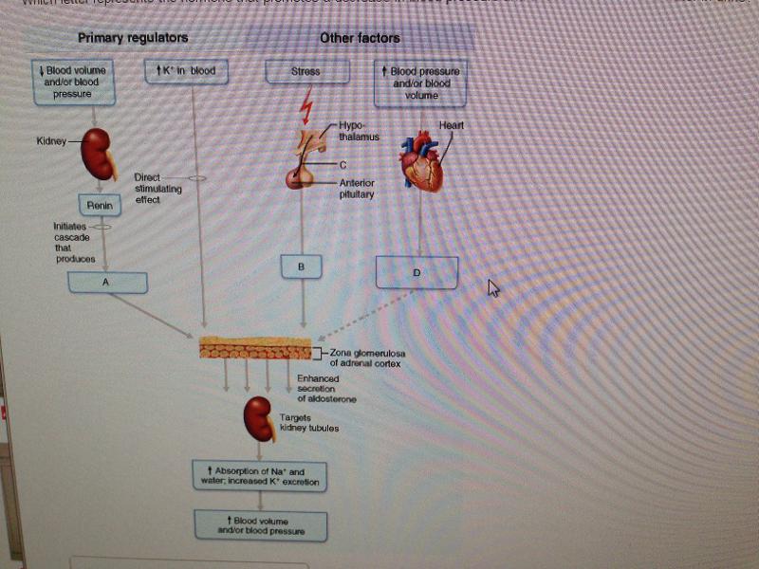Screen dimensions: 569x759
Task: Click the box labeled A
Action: tap(107, 282)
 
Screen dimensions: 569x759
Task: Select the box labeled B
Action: tap(302, 267)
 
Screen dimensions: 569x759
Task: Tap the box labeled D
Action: tap(417, 272)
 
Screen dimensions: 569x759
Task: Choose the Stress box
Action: tap(305, 71)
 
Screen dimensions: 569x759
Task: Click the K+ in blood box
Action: tap(186, 71)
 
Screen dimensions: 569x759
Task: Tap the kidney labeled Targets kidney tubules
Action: tap(259, 419)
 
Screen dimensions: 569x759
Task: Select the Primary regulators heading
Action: tap(133, 38)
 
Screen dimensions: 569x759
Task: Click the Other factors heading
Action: tap(360, 38)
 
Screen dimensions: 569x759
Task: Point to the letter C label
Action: tap(342, 165)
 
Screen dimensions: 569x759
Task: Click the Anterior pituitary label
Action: tap(357, 189)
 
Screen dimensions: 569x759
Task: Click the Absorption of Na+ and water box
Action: tap(259, 476)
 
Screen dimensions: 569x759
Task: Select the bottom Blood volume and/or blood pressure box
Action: tap(260, 526)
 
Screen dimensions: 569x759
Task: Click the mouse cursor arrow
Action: tap(492, 287)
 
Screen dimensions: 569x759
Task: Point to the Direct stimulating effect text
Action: tap(157, 188)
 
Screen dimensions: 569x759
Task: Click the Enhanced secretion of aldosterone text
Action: tap(326, 389)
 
